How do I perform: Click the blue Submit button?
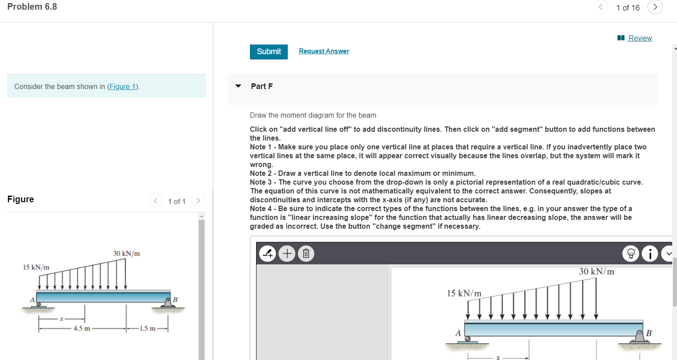point(268,52)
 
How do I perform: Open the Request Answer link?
point(324,51)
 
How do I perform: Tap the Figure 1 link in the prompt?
point(123,86)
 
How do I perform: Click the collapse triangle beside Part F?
point(238,86)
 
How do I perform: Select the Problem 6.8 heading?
point(32,7)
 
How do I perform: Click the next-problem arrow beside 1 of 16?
point(655,7)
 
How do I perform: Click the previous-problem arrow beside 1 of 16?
point(600,7)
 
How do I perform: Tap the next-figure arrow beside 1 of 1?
point(198,201)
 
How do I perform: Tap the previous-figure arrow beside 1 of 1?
point(155,201)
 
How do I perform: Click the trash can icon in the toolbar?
point(306,253)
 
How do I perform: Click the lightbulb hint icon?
point(631,253)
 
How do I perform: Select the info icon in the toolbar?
point(650,253)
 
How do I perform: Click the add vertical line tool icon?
point(268,253)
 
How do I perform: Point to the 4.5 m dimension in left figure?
point(82,328)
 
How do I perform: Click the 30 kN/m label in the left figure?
point(126,253)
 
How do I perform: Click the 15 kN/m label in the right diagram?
point(464,293)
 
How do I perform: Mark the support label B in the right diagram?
point(649,333)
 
